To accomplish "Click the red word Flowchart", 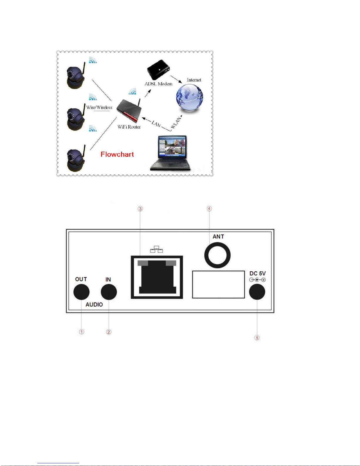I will [117, 154].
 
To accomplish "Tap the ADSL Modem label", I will [158, 84].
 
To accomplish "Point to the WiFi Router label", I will [129, 127].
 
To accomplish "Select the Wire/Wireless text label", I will [99, 107].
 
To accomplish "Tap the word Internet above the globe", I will [194, 80].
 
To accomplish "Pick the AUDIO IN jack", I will [109, 292].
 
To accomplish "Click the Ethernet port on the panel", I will [157, 277].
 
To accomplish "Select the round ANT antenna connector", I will [217, 255].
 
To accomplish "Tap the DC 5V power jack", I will [257, 292].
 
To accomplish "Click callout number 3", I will [140, 209].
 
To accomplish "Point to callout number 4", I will [209, 208].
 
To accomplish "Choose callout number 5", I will [257, 338].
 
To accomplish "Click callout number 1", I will [81, 332].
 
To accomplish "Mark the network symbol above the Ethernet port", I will [157, 249].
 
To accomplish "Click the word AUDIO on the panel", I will [94, 305].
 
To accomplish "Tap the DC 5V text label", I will [257, 274].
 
